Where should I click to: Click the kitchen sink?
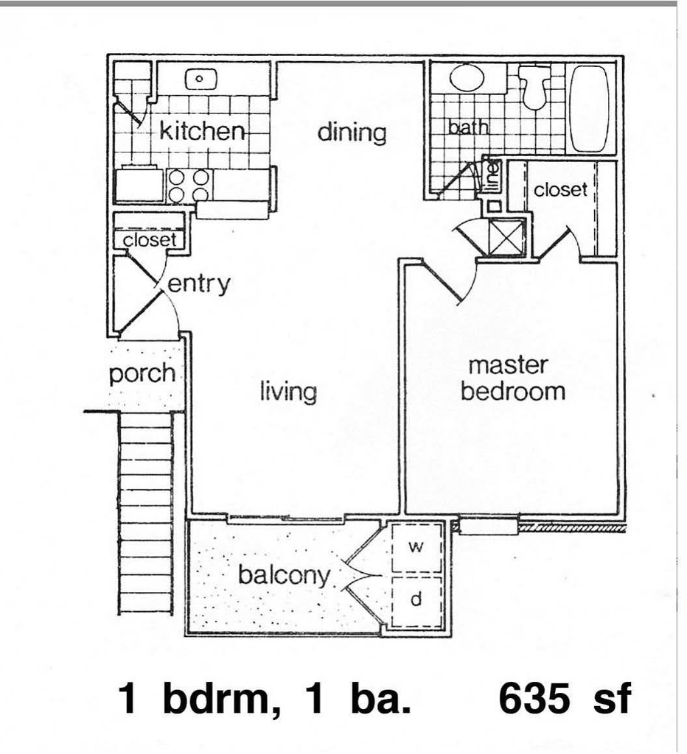click(200, 78)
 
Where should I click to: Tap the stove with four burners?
click(188, 186)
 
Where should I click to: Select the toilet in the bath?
click(534, 87)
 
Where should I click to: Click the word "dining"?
click(352, 133)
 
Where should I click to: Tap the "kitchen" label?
click(202, 130)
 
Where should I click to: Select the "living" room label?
click(288, 391)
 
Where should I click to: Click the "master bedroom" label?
click(512, 379)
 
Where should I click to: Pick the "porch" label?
click(142, 373)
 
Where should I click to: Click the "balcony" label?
click(285, 575)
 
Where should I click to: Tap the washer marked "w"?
click(416, 547)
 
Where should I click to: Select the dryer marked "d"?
click(416, 601)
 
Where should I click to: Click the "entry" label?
click(198, 284)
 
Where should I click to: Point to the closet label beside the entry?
click(149, 240)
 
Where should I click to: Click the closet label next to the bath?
click(560, 189)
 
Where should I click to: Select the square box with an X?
click(507, 236)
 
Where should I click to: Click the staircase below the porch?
click(146, 513)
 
